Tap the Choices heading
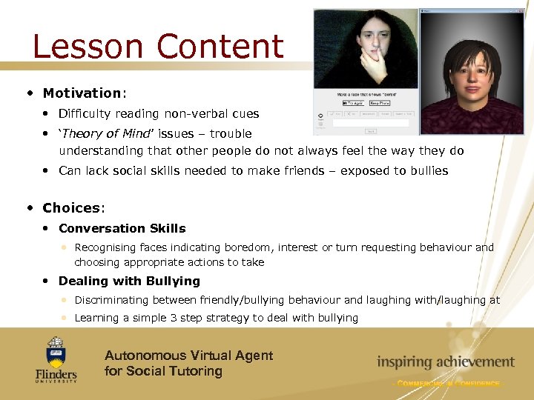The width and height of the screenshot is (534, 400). (72, 207)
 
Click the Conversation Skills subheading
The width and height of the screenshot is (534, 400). (122, 228)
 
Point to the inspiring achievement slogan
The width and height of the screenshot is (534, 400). (445, 361)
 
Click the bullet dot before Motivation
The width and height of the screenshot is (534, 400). (29, 93)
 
